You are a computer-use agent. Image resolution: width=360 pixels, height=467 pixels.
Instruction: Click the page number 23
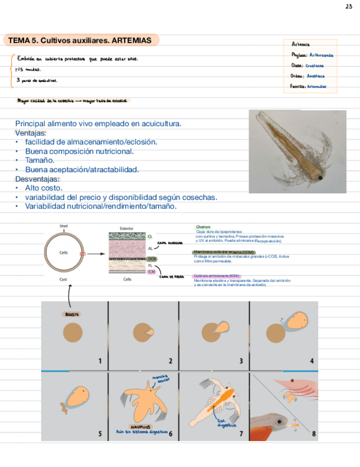coord(349,7)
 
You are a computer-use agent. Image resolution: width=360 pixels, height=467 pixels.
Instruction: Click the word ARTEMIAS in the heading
coord(131,41)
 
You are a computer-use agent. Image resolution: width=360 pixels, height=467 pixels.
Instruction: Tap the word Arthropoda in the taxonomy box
coord(321,55)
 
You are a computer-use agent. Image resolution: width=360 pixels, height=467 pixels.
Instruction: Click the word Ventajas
coord(31,133)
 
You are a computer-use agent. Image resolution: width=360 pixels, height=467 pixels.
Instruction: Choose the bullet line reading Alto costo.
coord(43,188)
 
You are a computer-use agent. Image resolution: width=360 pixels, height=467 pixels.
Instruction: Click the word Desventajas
coord(37,179)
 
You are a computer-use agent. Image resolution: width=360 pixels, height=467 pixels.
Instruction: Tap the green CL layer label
coord(150,236)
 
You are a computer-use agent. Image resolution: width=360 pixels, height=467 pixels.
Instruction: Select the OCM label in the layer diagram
coord(152,259)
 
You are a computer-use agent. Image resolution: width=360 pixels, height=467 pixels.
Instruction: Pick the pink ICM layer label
coord(152,271)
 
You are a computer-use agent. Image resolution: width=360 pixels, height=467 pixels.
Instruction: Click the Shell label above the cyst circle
coord(64,226)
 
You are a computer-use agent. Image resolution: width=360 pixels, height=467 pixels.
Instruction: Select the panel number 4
coord(312,361)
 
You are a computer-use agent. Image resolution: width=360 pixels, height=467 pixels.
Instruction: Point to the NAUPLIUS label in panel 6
coord(141,426)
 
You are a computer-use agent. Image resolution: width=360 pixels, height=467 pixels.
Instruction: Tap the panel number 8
coord(314,433)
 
